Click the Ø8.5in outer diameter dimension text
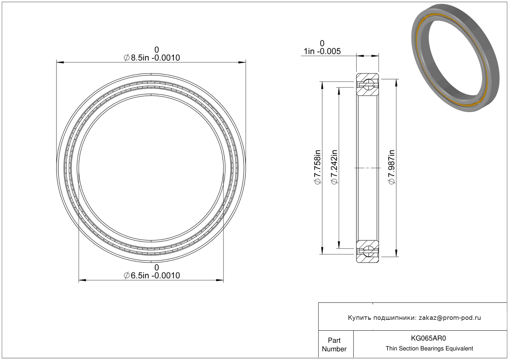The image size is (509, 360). pos(152,58)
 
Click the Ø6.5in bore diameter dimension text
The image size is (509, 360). pos(152,276)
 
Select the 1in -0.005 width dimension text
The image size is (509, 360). pos(322,51)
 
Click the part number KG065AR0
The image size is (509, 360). pos(428,338)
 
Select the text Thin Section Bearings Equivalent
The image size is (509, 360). pos(429,348)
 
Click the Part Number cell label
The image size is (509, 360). pos(334,345)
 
